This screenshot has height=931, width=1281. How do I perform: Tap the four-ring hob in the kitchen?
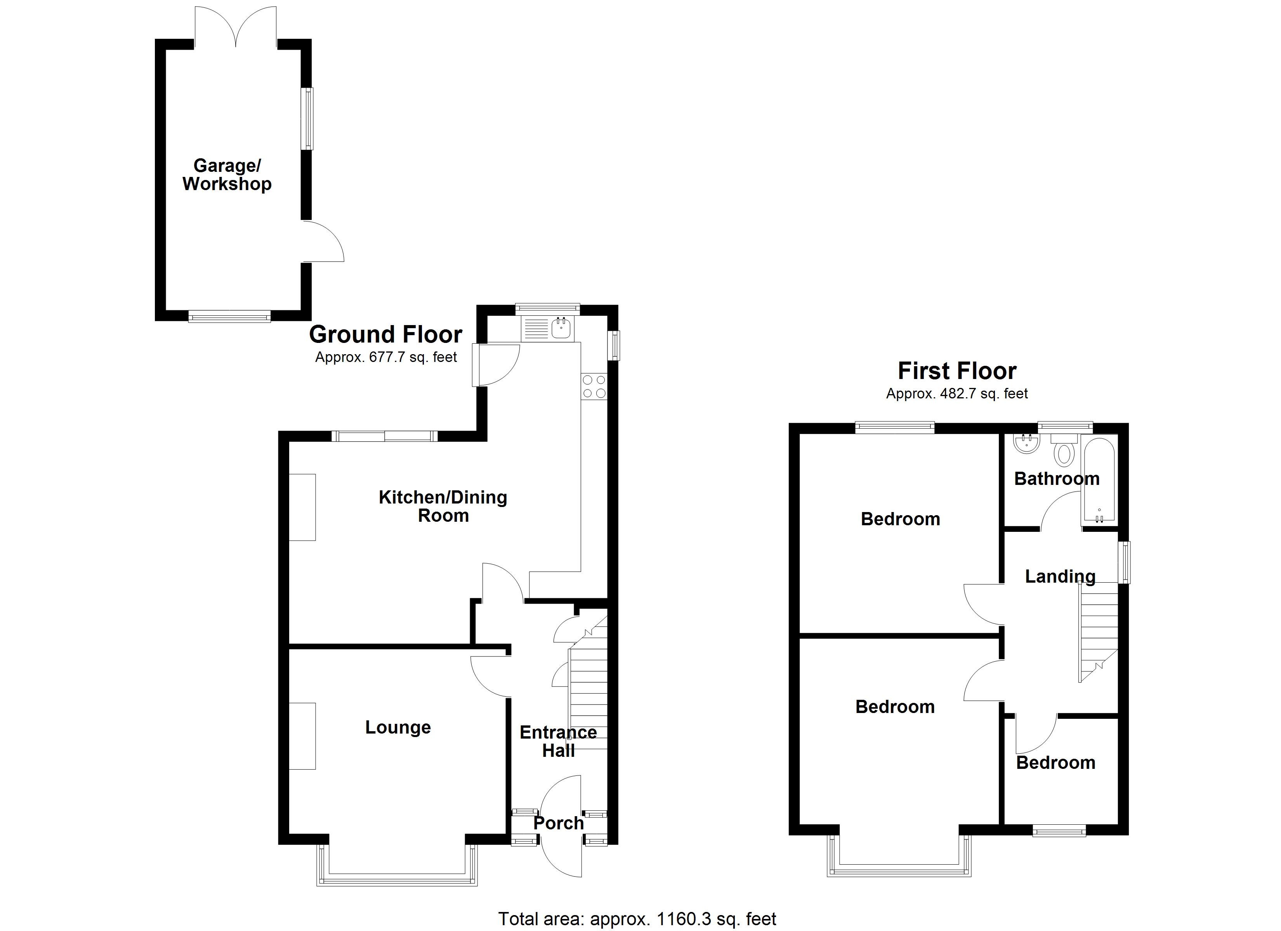tap(594, 387)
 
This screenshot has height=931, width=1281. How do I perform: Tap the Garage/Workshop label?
tap(227, 175)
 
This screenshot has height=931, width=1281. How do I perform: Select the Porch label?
tap(558, 823)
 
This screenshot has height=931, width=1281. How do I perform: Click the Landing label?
tap(1060, 576)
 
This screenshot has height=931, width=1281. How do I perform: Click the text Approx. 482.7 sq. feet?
tap(957, 393)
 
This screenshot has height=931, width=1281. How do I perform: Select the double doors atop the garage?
tap(236, 25)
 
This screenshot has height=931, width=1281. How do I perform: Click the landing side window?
tap(1126, 562)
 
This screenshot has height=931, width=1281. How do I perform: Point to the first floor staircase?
tap(1099, 632)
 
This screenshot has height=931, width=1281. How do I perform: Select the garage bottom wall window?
tap(229, 316)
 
